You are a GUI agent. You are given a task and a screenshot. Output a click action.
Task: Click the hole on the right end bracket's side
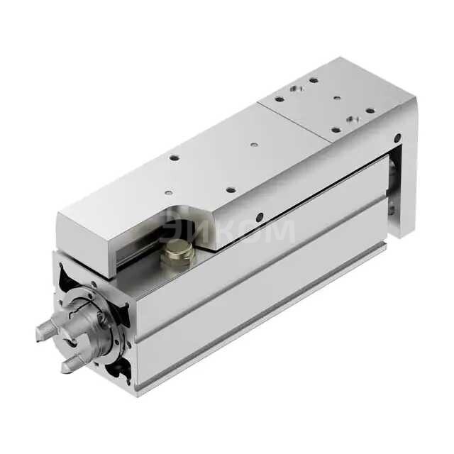point(389,206)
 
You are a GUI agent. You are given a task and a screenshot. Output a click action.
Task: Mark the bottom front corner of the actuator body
point(135,391)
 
